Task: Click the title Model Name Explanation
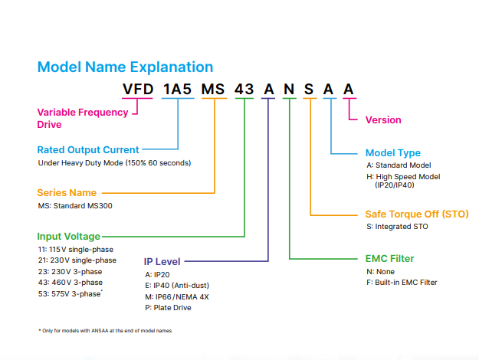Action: pyautogui.click(x=125, y=67)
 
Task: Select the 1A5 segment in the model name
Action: pyautogui.click(x=178, y=90)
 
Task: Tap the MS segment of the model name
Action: pyautogui.click(x=215, y=90)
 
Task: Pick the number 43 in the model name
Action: pyautogui.click(x=244, y=90)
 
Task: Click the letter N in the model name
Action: pyautogui.click(x=289, y=90)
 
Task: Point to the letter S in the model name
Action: pyautogui.click(x=309, y=90)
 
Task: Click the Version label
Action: pyautogui.click(x=383, y=119)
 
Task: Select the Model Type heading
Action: pyautogui.click(x=392, y=153)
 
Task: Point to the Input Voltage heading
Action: pyautogui.click(x=68, y=237)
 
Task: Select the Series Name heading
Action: pyautogui.click(x=67, y=193)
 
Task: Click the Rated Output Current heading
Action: pyautogui.click(x=88, y=149)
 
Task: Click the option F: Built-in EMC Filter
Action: pyautogui.click(x=402, y=283)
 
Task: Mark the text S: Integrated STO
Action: pyautogui.click(x=397, y=227)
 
